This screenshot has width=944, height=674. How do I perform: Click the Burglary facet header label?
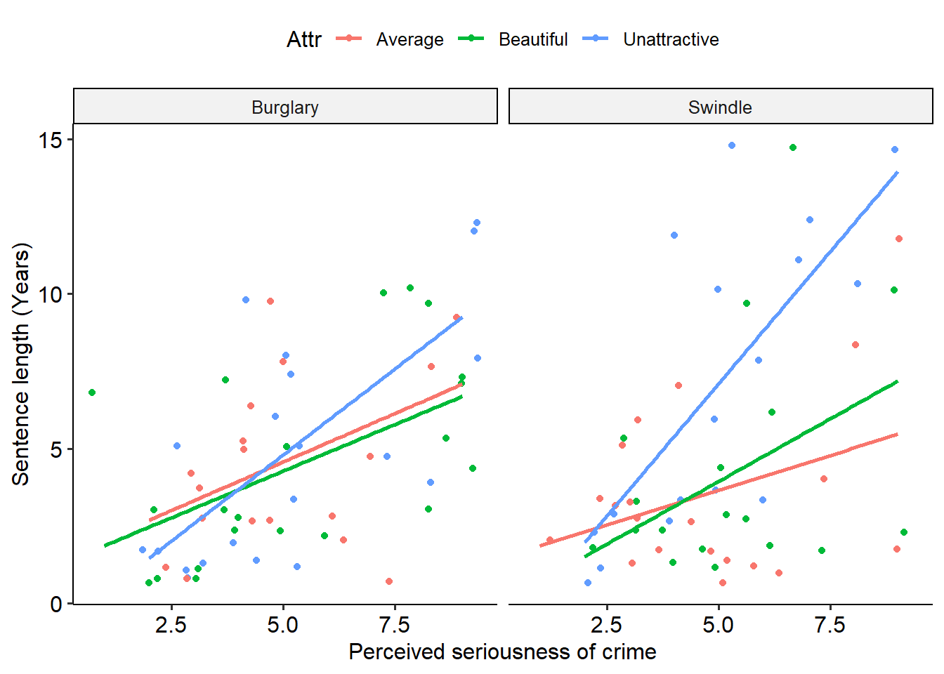coord(284,107)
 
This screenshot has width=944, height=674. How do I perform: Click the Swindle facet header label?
coord(720,107)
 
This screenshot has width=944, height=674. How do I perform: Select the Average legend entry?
coord(409,39)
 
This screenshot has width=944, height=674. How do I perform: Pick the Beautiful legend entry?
coord(532,39)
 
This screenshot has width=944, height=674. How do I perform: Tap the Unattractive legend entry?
coord(671,39)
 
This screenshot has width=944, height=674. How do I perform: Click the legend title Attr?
coord(303,39)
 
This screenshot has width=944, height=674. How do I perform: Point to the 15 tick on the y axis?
coord(51,140)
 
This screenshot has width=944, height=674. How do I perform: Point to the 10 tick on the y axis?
coord(51,294)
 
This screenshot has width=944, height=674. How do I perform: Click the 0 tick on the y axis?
coord(56,604)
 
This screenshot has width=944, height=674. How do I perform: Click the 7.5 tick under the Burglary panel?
coord(394,625)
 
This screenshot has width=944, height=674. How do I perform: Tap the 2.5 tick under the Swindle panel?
coord(606,625)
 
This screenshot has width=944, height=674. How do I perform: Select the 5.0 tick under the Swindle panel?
coord(718,625)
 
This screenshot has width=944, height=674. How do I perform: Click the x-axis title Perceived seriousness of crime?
coord(502,652)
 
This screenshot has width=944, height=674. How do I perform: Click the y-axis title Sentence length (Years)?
coord(21,364)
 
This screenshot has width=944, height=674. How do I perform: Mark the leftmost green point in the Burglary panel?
coord(92,392)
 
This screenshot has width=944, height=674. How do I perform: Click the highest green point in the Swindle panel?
coord(793,147)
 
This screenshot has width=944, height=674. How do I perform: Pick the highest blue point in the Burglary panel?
coord(477,223)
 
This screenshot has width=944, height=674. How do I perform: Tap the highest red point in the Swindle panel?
coord(899,239)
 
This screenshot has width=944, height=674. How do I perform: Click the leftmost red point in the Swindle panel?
coord(550,540)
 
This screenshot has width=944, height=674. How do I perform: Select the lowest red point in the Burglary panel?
coord(389,581)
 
